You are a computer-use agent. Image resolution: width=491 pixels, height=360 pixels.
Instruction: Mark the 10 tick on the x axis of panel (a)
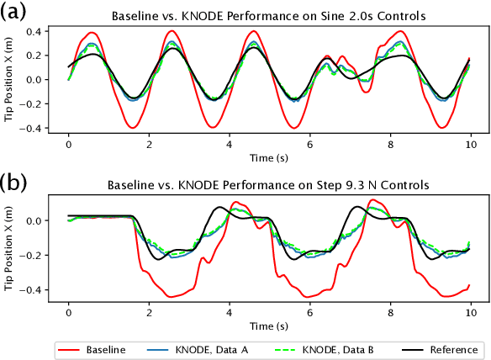(471, 144)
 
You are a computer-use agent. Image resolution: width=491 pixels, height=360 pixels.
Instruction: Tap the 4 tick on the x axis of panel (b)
(230, 311)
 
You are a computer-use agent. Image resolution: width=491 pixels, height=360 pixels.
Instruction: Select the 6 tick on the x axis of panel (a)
(310, 144)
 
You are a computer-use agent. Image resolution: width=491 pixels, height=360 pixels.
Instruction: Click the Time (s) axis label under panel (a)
(268, 156)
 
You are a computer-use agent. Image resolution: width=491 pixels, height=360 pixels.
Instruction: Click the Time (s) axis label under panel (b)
(268, 324)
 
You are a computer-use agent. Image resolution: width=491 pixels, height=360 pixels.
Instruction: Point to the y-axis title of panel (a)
(9, 80)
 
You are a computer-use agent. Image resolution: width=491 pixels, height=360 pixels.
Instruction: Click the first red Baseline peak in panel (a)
(91, 33)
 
